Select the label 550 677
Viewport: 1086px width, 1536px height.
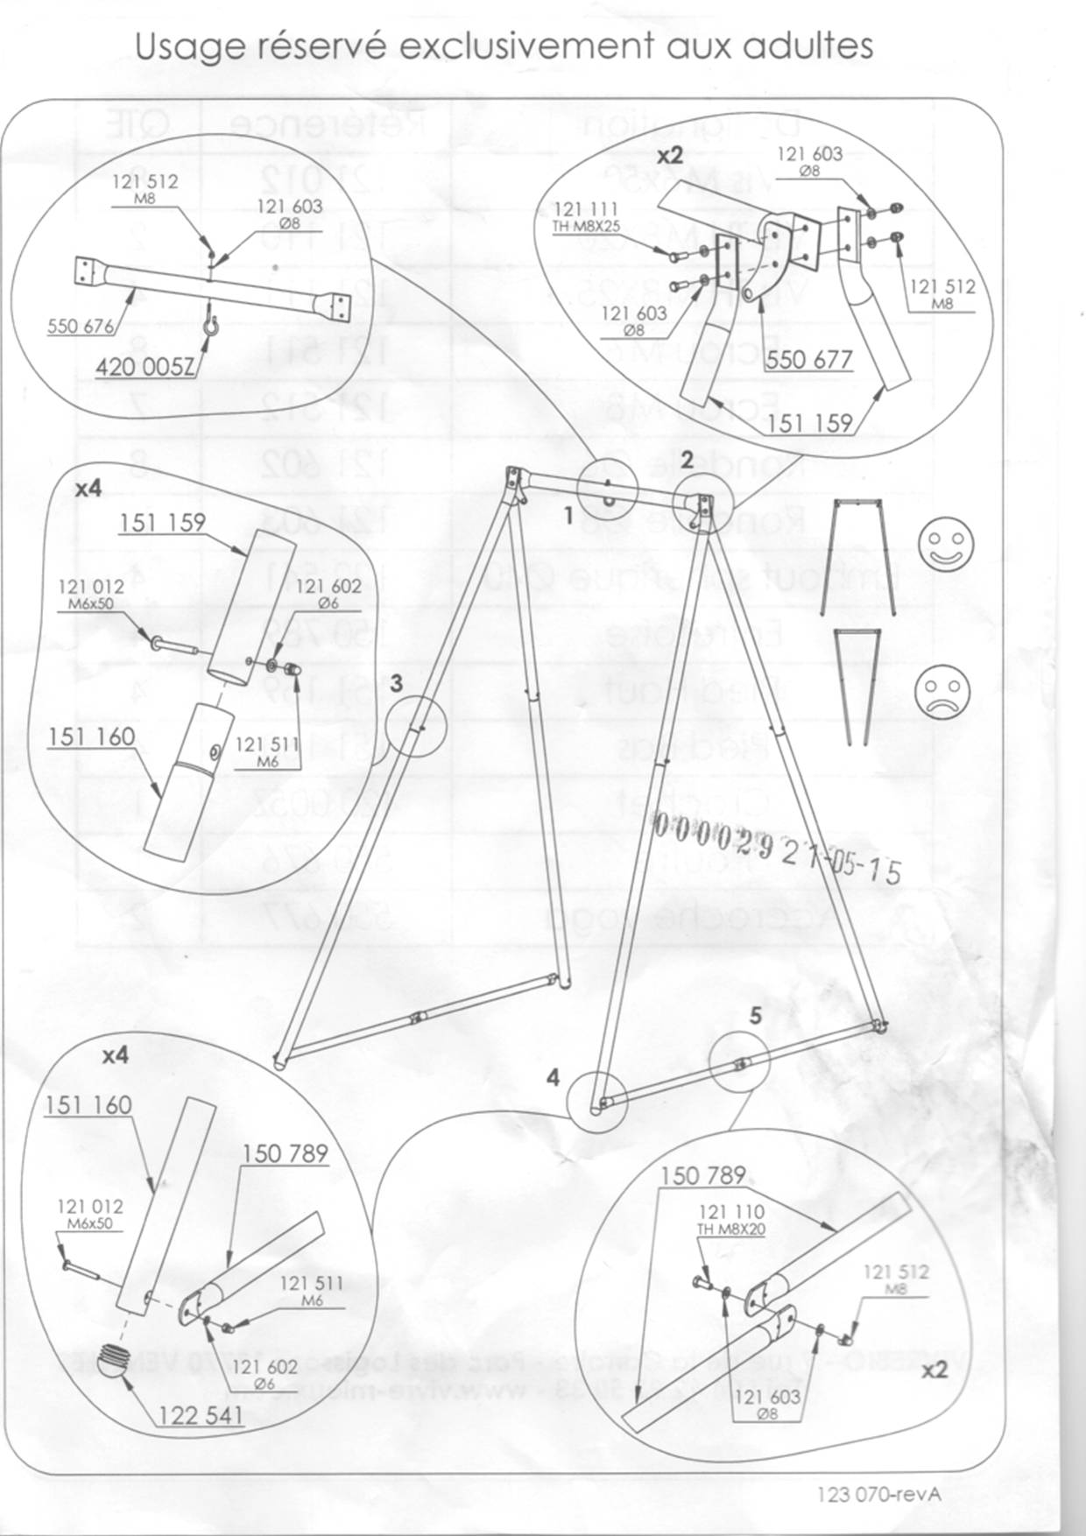807,358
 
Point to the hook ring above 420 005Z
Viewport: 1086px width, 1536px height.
210,325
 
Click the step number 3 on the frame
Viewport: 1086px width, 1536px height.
396,681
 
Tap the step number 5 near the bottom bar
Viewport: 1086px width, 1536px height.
756,1016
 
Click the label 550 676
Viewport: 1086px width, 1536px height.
81,327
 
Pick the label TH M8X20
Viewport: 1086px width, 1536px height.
730,1230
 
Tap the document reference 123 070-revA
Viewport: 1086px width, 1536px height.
878,1494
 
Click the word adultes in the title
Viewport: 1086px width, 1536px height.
806,46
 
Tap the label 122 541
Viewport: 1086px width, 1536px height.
201,1415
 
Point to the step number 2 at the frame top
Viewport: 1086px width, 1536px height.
687,458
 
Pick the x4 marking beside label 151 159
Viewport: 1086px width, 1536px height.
88,489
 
